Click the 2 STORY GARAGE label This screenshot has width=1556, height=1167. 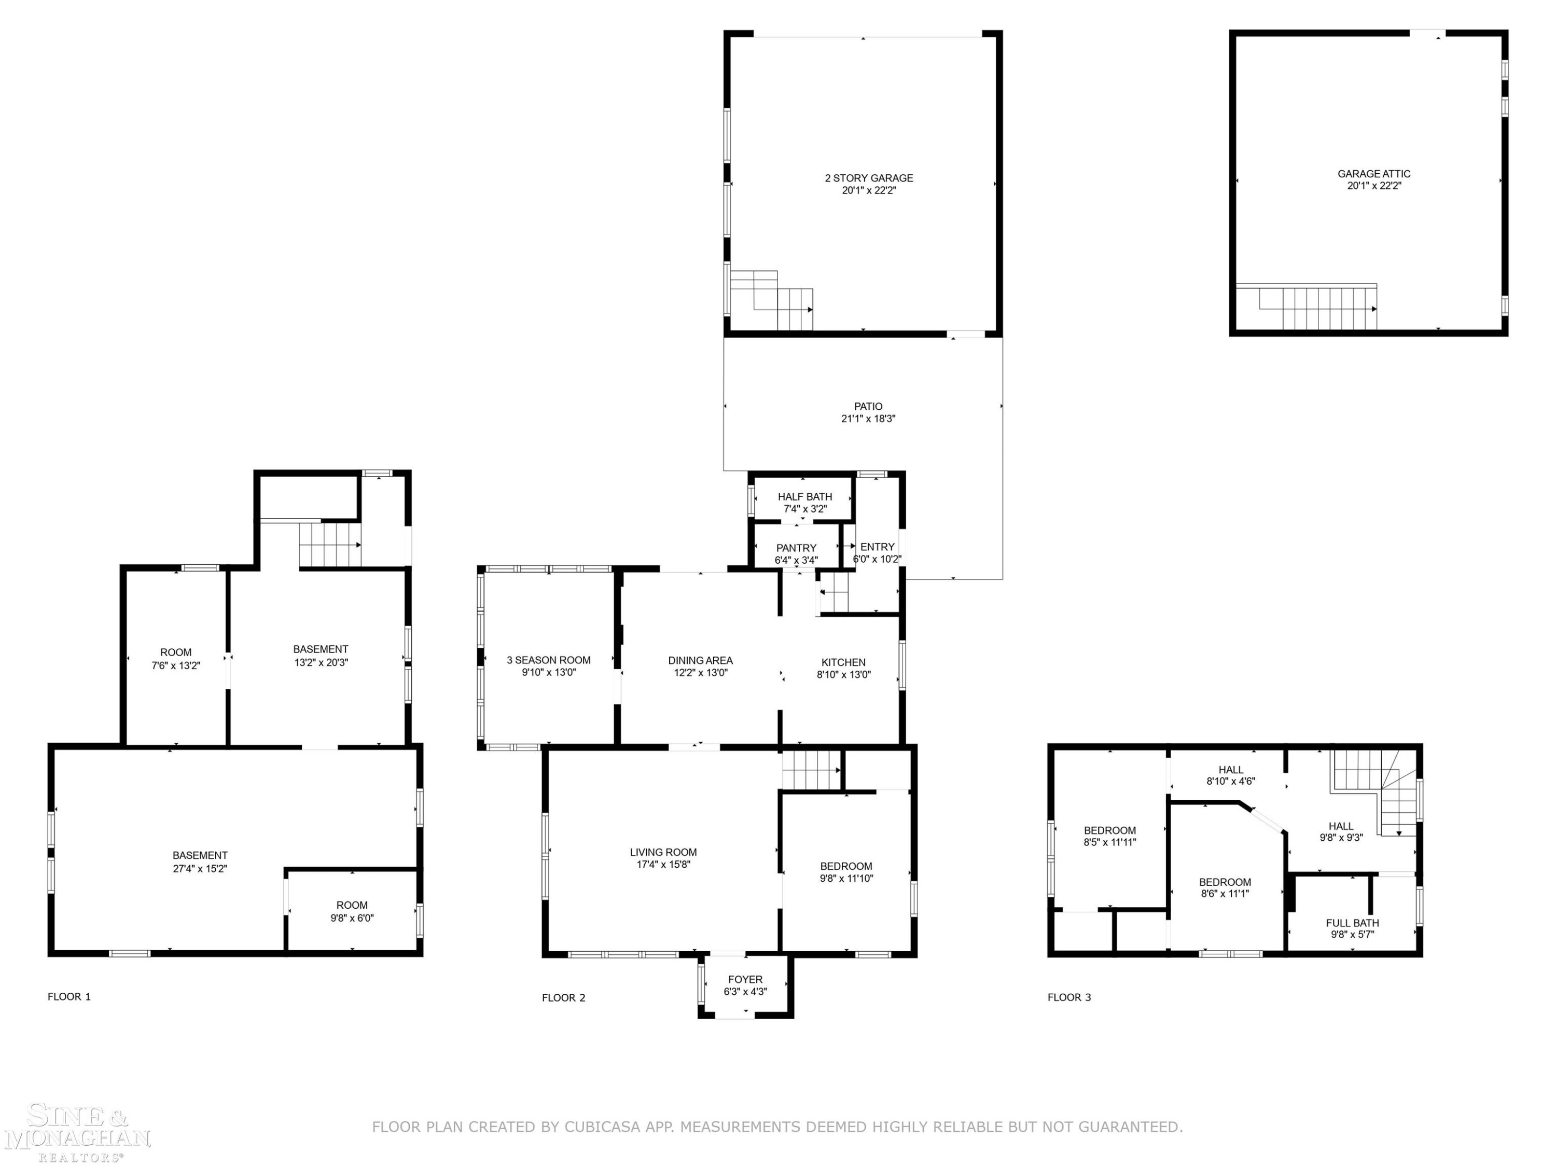click(869, 178)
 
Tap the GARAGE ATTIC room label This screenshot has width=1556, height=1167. click(1374, 174)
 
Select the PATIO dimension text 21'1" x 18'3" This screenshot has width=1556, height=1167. click(868, 419)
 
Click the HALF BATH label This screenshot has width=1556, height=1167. click(805, 497)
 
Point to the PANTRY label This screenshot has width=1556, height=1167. click(796, 548)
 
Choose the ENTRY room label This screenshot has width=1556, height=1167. click(877, 547)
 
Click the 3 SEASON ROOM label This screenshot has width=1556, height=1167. click(549, 660)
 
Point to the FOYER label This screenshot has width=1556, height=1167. click(745, 979)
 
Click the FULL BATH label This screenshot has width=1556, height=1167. click(1352, 923)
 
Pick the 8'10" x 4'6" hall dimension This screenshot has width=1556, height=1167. click(1231, 781)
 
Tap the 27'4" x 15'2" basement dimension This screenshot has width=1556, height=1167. click(200, 868)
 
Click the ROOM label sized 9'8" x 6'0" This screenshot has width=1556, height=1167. click(352, 905)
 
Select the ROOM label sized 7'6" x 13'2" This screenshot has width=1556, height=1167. click(175, 652)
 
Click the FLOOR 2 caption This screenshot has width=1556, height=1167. click(563, 997)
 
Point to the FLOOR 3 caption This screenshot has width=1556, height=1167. click(1069, 997)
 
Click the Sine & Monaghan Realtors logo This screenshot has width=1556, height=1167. click(77, 1133)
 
